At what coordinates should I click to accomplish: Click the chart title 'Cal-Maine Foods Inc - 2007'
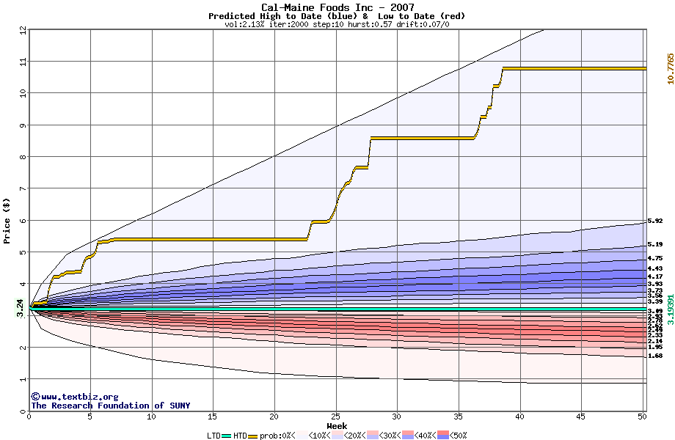tap(337, 7)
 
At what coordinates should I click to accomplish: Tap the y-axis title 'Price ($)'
tap(7, 220)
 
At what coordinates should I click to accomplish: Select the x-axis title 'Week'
tap(337, 425)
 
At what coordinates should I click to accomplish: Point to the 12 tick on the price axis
tap(23, 30)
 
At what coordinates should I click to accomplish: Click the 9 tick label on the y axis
tap(23, 125)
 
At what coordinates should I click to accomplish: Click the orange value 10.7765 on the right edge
tap(669, 68)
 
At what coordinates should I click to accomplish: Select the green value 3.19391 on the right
tap(669, 310)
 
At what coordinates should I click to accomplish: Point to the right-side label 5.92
tap(655, 221)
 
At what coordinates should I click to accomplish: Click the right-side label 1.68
tap(655, 356)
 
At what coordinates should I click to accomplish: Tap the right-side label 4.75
tap(655, 258)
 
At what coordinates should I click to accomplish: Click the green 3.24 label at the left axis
tap(20, 309)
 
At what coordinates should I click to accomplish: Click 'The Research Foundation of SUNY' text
tap(108, 406)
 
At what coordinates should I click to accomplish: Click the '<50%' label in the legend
tap(458, 436)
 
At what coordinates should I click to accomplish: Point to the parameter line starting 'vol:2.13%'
tap(337, 24)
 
